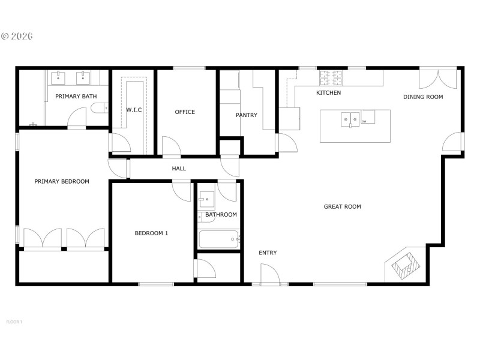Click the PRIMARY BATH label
click(x=76, y=96)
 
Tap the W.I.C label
click(x=133, y=110)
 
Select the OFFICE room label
click(x=185, y=112)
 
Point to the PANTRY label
click(x=246, y=115)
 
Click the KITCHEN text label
click(x=329, y=93)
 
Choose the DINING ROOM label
click(x=423, y=97)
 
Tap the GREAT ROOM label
click(x=343, y=207)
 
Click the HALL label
click(x=179, y=169)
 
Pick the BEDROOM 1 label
click(x=151, y=233)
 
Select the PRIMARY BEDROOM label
click(x=62, y=182)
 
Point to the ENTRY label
click(x=268, y=253)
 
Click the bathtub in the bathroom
click(x=218, y=239)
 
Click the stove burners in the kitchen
click(x=331, y=77)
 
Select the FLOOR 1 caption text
click(x=14, y=322)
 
